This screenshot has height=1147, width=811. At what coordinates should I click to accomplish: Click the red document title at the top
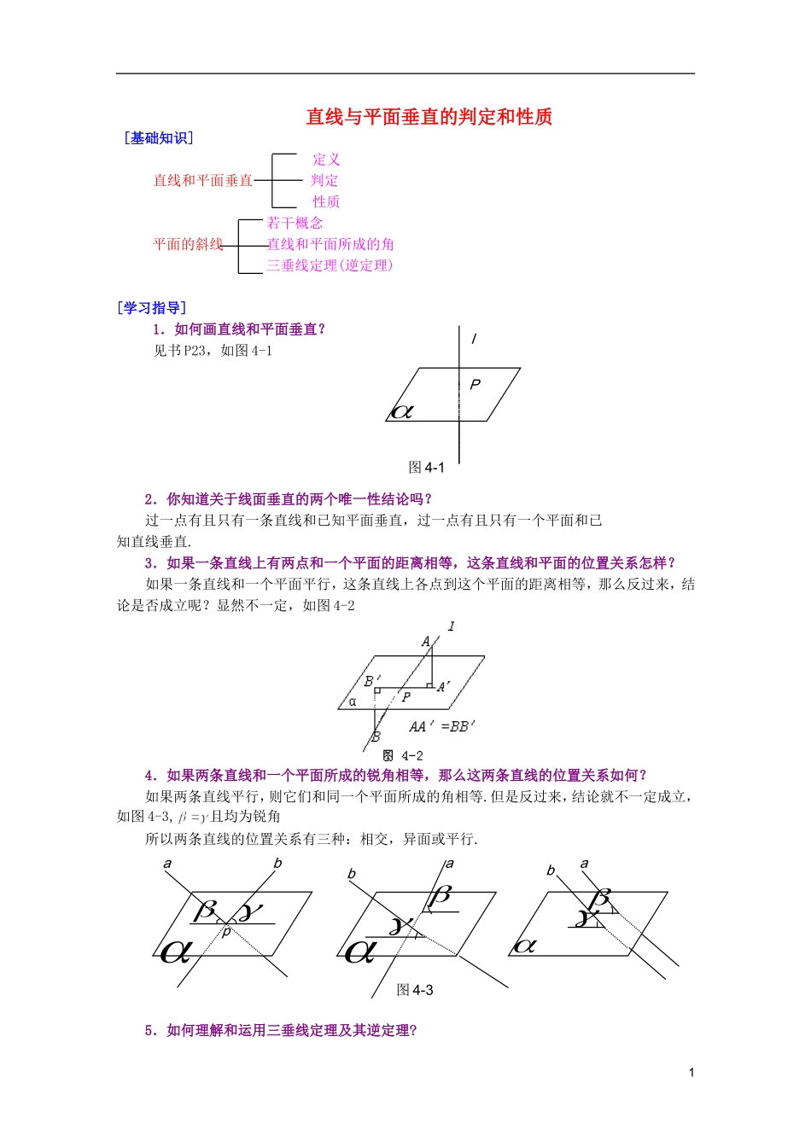(x=429, y=117)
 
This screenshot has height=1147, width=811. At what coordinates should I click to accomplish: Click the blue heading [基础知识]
(x=159, y=138)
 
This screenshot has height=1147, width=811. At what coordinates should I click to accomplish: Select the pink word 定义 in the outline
(x=326, y=160)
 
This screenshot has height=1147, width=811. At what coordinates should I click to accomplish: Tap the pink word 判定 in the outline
(x=324, y=180)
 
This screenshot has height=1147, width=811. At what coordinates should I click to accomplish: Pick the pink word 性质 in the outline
(x=326, y=201)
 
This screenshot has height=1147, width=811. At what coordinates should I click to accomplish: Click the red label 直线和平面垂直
(x=203, y=180)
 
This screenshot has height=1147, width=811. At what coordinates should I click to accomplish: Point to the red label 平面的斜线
(x=188, y=244)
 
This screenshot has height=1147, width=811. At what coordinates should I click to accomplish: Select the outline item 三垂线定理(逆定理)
(x=330, y=265)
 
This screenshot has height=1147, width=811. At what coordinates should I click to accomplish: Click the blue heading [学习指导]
(x=152, y=308)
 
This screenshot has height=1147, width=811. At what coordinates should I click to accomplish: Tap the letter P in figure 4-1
(x=476, y=385)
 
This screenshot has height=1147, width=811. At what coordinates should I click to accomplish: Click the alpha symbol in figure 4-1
(x=402, y=411)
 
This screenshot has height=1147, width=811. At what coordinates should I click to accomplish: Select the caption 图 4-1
(x=427, y=468)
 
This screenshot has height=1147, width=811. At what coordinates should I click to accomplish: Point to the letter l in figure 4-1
(x=474, y=339)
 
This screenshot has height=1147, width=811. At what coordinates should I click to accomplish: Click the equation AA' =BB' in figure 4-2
(x=441, y=726)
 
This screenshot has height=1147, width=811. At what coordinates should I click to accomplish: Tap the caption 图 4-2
(x=403, y=755)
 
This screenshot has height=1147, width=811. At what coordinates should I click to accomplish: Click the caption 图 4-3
(x=415, y=990)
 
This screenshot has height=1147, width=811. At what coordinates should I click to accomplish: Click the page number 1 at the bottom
(x=691, y=1073)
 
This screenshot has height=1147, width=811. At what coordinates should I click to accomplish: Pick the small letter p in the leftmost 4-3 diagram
(x=226, y=932)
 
